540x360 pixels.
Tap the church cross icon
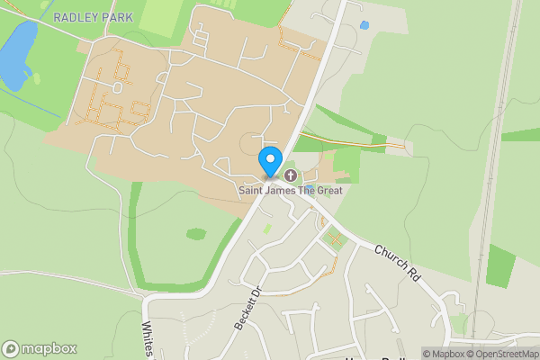tap(291, 175)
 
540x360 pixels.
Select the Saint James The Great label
tap(291, 190)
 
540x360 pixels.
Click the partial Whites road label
tap(148, 340)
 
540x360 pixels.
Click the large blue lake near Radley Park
tap(17, 55)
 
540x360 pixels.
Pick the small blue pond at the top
tap(364, 25)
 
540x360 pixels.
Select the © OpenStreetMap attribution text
tap(509, 354)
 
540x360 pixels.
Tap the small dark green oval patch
tap(196, 234)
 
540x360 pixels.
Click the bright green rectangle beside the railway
tap(500, 265)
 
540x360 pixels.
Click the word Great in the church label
tap(327, 190)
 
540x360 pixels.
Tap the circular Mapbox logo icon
tap(11, 349)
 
